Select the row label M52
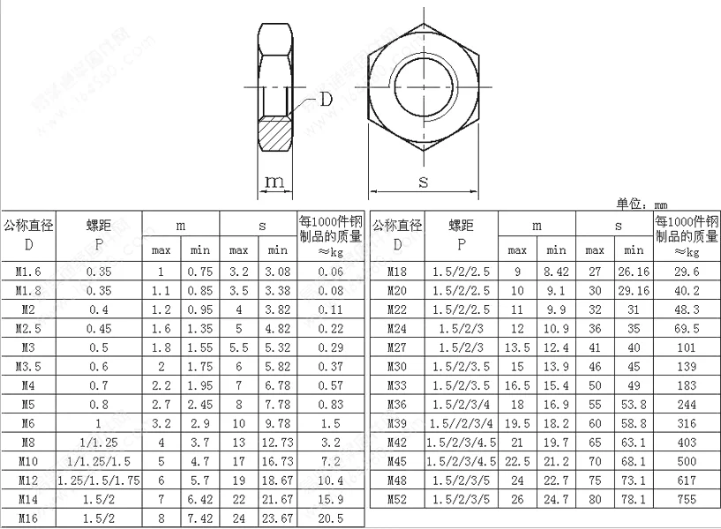click(x=397, y=500)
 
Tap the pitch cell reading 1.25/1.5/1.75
click(x=98, y=481)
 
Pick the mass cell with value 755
click(x=686, y=500)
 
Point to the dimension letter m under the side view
click(x=275, y=183)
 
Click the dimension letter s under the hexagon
click(x=423, y=183)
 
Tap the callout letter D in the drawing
click(x=327, y=100)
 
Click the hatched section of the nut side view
click(x=276, y=133)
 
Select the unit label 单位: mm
click(x=642, y=204)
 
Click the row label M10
click(x=28, y=461)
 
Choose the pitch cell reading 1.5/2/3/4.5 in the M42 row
click(x=461, y=443)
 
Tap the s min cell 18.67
click(x=277, y=481)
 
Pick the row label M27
click(x=397, y=347)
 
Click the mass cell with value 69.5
click(x=686, y=328)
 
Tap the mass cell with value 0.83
click(x=330, y=405)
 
